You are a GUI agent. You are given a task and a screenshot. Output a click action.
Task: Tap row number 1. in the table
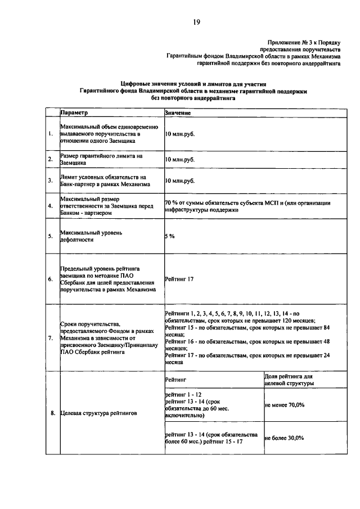pyautogui.click(x=50, y=134)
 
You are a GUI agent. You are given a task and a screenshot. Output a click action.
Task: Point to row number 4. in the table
pyautogui.click(x=50, y=206)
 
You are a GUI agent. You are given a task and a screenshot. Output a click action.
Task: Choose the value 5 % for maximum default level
pyautogui.click(x=170, y=236)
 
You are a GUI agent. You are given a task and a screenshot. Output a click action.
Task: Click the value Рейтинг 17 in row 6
pyautogui.click(x=179, y=279)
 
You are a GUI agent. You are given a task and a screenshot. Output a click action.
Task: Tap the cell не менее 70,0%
pyautogui.click(x=284, y=404)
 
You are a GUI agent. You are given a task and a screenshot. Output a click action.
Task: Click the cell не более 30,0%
pyautogui.click(x=284, y=438)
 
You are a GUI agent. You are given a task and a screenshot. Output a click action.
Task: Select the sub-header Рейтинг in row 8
pyautogui.click(x=175, y=381)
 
